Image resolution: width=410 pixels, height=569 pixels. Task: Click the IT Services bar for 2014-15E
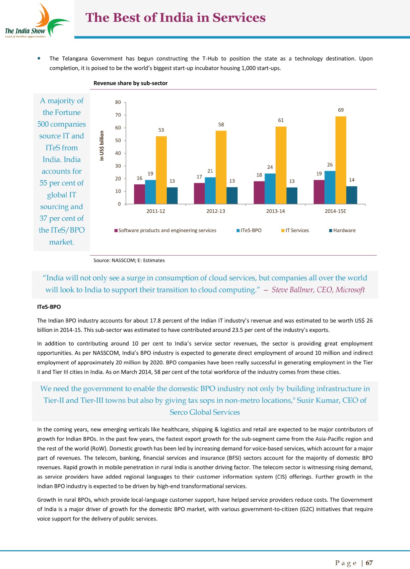click(341, 160)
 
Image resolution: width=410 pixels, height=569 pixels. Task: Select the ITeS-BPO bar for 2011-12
click(150, 192)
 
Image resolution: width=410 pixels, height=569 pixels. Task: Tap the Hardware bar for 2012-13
click(232, 196)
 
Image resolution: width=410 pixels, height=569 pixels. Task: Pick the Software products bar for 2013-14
click(259, 193)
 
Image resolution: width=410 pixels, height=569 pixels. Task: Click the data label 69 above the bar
click(341, 110)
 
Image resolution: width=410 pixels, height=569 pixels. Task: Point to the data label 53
click(161, 130)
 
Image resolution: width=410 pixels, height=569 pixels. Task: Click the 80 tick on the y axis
click(118, 102)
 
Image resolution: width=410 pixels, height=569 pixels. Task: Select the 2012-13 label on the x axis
click(216, 211)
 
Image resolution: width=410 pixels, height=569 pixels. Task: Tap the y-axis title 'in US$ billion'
click(102, 146)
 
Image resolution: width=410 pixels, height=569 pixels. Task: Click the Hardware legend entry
click(342, 230)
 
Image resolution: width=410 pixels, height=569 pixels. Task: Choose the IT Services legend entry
click(295, 230)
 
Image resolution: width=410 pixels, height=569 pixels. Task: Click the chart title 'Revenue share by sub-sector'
click(131, 83)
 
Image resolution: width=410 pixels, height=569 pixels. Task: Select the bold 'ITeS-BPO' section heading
click(49, 307)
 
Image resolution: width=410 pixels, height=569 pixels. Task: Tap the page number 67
click(369, 563)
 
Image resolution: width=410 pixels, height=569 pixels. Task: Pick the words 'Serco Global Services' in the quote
click(205, 412)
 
